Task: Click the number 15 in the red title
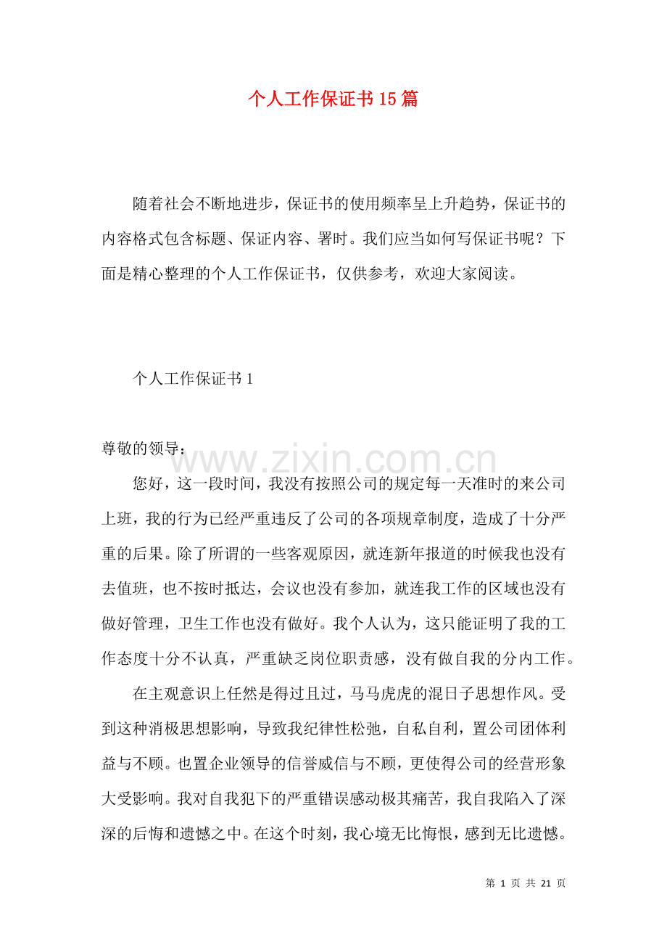pos(388,99)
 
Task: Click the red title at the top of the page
pos(333,99)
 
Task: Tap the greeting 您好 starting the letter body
pos(148,483)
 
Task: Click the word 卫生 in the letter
pos(209,623)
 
